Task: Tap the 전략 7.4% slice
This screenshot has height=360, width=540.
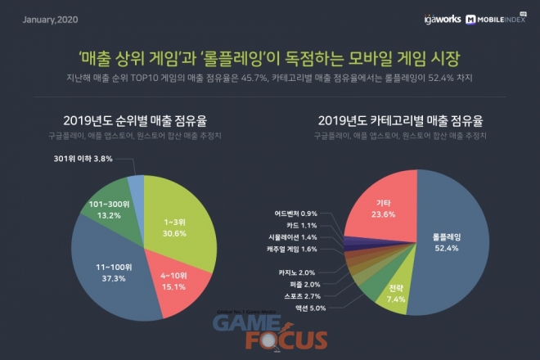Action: tap(396, 293)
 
